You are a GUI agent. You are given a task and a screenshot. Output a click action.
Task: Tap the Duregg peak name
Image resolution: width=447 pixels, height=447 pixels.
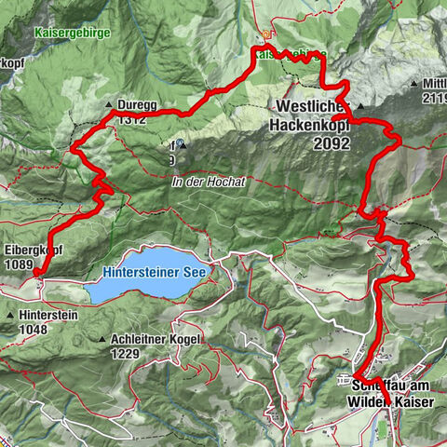tap(136, 106)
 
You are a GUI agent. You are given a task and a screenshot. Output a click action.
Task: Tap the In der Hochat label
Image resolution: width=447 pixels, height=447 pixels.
tap(208, 183)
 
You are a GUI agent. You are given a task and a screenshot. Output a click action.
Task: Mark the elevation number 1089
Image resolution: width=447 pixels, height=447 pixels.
tap(20, 264)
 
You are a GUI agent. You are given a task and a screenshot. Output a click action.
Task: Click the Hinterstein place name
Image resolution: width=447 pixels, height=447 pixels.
tap(46, 316)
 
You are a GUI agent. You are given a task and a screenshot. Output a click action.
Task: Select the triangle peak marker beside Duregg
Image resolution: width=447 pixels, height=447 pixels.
tap(110, 105)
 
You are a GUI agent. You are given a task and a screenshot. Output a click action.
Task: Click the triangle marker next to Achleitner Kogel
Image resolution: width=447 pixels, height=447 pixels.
tap(102, 340)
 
